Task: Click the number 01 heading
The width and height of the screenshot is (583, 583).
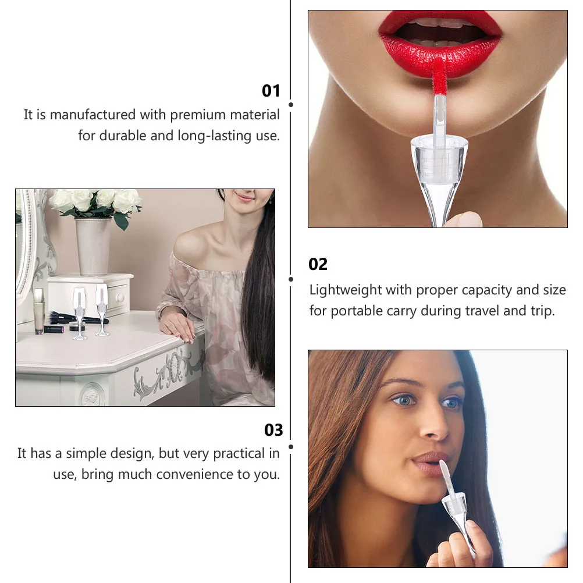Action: (271, 91)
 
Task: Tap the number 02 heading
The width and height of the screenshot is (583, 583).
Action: (318, 264)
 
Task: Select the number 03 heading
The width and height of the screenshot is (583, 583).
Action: (273, 430)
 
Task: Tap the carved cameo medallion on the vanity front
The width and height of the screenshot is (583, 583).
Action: (93, 394)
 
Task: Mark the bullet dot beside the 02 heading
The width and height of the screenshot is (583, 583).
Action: (290, 279)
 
